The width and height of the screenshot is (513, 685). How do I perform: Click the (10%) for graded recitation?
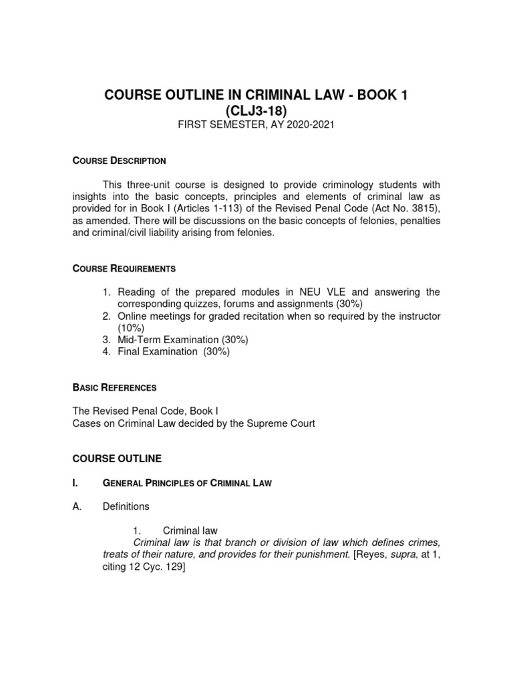(x=131, y=328)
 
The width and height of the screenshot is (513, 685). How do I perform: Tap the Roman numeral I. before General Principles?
(x=75, y=483)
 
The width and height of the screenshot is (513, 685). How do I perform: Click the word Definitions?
(x=126, y=507)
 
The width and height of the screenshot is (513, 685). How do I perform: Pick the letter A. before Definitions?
(x=76, y=507)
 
